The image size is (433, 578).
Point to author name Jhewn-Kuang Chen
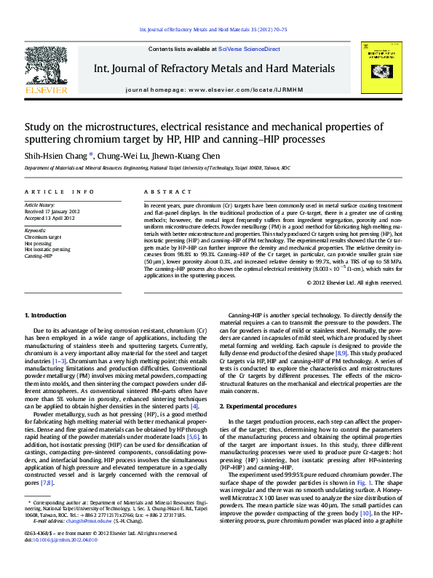click(190, 155)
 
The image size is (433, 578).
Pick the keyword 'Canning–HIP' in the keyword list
click(39, 256)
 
